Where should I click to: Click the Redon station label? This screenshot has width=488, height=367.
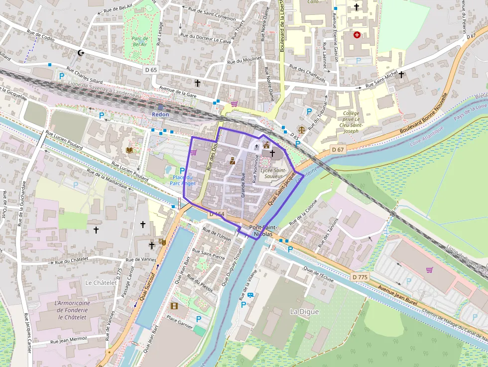click(x=160, y=114)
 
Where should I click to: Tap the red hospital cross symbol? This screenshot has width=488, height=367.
click(x=357, y=35)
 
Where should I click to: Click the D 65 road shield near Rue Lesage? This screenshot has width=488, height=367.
click(x=151, y=70)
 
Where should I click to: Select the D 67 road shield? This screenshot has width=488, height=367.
click(x=338, y=149)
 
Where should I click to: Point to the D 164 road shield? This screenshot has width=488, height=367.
click(x=217, y=214)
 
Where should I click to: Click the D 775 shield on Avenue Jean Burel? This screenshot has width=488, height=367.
click(x=360, y=277)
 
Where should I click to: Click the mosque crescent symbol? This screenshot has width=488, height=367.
click(x=81, y=52)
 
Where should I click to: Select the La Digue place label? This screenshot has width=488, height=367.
click(x=304, y=312)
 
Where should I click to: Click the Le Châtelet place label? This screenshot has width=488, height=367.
click(x=101, y=282)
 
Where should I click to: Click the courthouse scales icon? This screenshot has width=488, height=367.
click(x=301, y=129)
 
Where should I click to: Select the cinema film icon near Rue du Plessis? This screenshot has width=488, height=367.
click(x=174, y=306)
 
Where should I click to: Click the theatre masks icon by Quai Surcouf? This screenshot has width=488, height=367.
click(x=162, y=242)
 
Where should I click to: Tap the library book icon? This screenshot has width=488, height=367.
click(x=129, y=150)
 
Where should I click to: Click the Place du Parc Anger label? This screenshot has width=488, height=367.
click(x=182, y=180)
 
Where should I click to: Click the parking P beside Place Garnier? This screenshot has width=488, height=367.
click(x=199, y=319)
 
